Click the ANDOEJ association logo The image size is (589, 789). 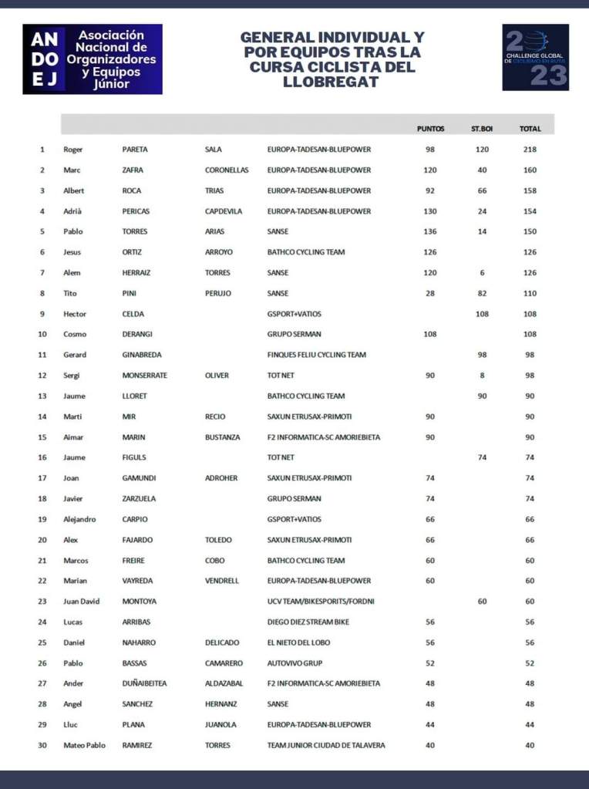[93, 59]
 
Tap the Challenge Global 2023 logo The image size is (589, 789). [535, 57]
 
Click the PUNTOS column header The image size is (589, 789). [430, 129]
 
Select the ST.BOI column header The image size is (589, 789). [482, 129]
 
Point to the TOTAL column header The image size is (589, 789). [530, 129]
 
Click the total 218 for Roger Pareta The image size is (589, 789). [529, 150]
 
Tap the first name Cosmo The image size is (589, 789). [75, 334]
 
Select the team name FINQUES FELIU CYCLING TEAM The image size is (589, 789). [316, 355]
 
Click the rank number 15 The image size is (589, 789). [42, 437]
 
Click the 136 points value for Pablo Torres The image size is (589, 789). [430, 231]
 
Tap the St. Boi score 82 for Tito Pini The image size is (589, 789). [482, 293]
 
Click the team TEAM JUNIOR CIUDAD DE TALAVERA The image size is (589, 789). [326, 745]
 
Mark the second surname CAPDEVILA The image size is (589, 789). [224, 211]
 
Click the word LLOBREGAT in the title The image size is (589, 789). [332, 82]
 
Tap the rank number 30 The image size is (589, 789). [42, 745]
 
